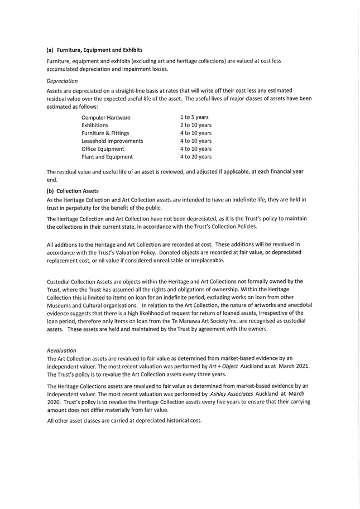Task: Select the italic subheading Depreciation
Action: click(63, 81)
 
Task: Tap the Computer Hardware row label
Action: click(106, 118)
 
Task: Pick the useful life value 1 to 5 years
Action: click(194, 117)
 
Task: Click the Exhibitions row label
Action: click(95, 126)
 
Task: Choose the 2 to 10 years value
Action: click(195, 125)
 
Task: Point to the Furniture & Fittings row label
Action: click(105, 133)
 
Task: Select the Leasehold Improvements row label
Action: click(112, 141)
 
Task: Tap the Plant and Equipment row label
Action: click(107, 157)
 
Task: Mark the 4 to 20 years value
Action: click(195, 157)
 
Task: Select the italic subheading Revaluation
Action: click(61, 350)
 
